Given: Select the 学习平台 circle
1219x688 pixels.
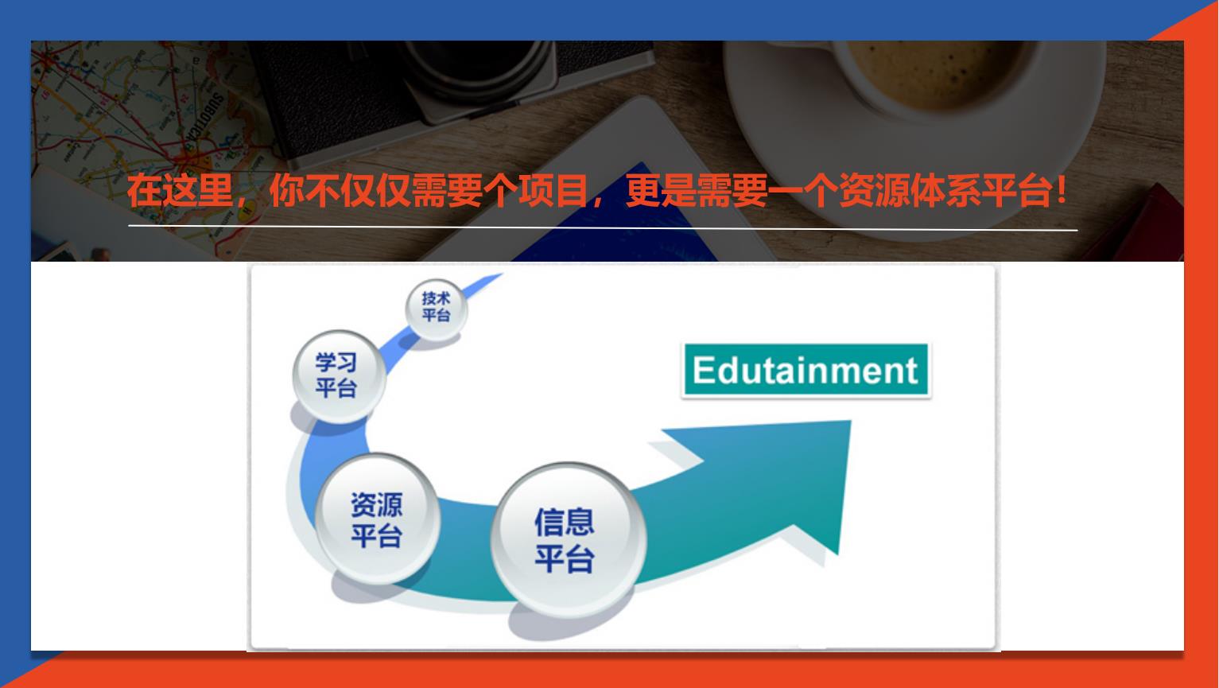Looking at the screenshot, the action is click(339, 376).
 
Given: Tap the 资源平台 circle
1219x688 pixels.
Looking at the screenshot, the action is click(378, 519).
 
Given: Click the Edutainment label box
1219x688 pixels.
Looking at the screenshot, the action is click(806, 370).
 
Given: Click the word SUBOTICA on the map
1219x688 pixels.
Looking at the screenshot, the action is click(203, 123).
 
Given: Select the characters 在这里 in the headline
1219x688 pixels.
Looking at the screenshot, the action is click(181, 191).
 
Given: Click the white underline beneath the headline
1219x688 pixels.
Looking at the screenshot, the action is click(603, 227).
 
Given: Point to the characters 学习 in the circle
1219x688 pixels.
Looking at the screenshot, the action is click(336, 363).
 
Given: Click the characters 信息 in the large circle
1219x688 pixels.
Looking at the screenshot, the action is click(565, 522).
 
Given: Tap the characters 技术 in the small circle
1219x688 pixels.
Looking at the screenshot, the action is click(436, 298).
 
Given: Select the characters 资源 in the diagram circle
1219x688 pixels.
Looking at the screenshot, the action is click(377, 504).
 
